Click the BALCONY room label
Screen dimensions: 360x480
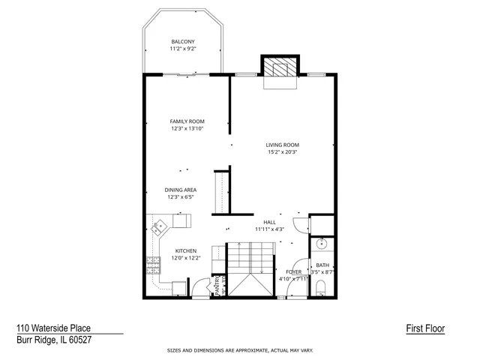click(x=183, y=41)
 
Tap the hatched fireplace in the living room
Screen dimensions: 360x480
click(x=279, y=67)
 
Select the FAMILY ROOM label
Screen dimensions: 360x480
click(x=187, y=121)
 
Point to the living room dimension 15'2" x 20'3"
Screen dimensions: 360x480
click(x=283, y=152)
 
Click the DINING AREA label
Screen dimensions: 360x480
click(x=180, y=190)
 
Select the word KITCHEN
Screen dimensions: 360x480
click(x=186, y=250)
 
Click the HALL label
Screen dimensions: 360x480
click(x=269, y=222)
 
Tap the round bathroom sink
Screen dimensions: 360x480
click(x=322, y=244)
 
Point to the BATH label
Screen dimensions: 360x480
click(x=322, y=265)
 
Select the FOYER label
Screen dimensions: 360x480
click(x=293, y=272)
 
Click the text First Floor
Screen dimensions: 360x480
click(x=425, y=328)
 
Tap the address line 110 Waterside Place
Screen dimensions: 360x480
click(x=52, y=328)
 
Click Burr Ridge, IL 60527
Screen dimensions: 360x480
click(x=52, y=339)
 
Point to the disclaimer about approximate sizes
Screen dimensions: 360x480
click(x=240, y=350)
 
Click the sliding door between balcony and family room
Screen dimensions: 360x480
click(x=183, y=74)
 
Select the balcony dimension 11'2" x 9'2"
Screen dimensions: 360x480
click(x=183, y=49)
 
